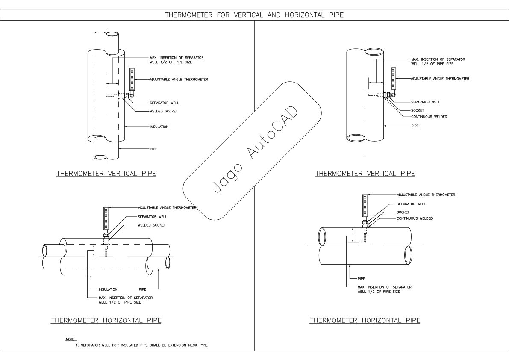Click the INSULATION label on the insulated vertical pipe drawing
pyautogui.click(x=159, y=127)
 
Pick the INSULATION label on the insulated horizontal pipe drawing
pyautogui.click(x=108, y=289)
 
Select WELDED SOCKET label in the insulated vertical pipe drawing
pyautogui.click(x=163, y=111)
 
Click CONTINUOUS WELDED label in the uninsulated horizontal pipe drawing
pyautogui.click(x=415, y=218)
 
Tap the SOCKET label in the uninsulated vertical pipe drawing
pyautogui.click(x=417, y=110)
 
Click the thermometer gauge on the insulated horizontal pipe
pyautogui.click(x=106, y=219)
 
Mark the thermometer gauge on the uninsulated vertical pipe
pyautogui.click(x=393, y=79)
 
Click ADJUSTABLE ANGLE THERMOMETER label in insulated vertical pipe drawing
pyautogui.click(x=179, y=80)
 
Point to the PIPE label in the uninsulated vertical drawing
pyautogui.click(x=415, y=126)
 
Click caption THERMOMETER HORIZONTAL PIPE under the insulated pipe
pyautogui.click(x=106, y=320)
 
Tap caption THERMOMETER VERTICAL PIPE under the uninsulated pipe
pyautogui.click(x=365, y=173)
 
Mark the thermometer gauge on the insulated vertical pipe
pyautogui.click(x=132, y=80)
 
